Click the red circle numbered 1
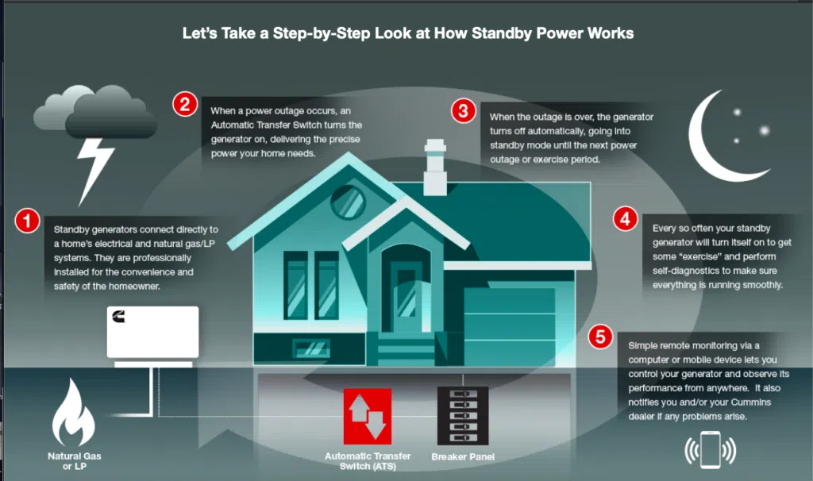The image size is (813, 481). tap(28, 221)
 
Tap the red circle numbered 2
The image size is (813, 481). tap(185, 104)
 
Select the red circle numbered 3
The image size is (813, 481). tap(463, 110)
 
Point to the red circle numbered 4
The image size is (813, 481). tap(626, 219)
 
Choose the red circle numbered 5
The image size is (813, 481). tap(600, 337)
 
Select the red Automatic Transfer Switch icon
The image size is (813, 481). tap(368, 417)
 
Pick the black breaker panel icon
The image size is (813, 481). tap(463, 416)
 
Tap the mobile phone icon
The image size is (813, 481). tap(711, 449)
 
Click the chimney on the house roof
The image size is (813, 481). tap(435, 167)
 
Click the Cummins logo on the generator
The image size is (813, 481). tap(119, 316)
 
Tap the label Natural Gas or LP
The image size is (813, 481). tap(74, 461)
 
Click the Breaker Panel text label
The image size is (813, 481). tap(463, 456)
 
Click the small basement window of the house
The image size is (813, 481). tap(311, 348)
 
